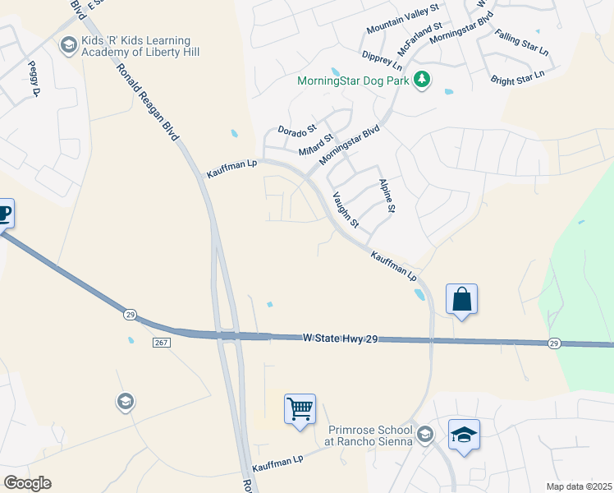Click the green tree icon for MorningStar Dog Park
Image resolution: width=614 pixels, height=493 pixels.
(422, 80)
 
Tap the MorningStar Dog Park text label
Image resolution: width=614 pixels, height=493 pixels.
(355, 81)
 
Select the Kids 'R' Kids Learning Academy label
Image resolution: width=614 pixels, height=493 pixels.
(140, 46)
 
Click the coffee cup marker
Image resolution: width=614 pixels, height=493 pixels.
(3, 214)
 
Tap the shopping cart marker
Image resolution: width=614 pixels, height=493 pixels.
(300, 408)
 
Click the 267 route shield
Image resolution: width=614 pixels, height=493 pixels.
(160, 342)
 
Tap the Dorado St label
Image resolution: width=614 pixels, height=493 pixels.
(296, 130)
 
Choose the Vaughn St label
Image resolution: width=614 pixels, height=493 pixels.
(345, 210)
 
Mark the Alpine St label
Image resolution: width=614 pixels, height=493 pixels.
(387, 197)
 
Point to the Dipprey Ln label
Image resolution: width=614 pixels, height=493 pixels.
(382, 60)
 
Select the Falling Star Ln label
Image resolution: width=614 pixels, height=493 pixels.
(522, 43)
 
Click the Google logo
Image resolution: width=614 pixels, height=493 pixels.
(28, 483)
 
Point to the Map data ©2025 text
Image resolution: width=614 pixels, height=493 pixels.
(578, 486)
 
